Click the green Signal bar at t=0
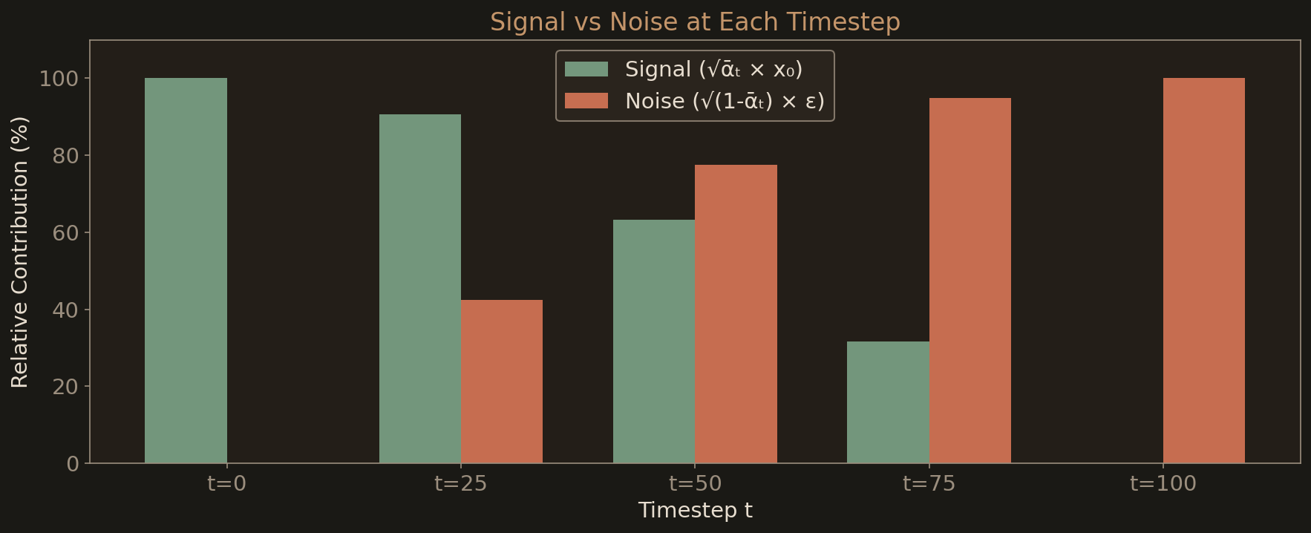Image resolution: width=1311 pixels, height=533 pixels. [x=186, y=270]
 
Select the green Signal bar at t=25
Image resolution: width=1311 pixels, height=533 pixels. [x=420, y=289]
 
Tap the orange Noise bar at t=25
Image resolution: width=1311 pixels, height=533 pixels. [x=502, y=382]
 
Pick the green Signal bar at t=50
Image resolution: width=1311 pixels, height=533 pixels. [x=654, y=341]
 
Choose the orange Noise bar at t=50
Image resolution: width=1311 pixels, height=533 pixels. [x=736, y=314]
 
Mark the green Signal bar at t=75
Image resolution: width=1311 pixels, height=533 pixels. [x=888, y=402]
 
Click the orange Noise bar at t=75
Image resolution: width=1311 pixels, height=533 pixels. [x=970, y=281]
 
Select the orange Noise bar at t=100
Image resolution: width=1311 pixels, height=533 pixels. [x=1204, y=270]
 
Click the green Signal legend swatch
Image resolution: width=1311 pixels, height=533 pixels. [x=586, y=69]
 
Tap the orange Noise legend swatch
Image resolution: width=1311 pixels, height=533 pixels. [x=586, y=101]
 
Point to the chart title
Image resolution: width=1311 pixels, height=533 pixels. [x=695, y=22]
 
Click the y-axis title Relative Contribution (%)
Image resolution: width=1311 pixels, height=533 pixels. [x=20, y=252]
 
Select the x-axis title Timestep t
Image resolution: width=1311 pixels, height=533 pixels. [x=695, y=511]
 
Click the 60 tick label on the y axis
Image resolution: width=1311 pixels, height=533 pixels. [x=65, y=232]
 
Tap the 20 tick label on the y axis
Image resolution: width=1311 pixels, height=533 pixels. [x=65, y=386]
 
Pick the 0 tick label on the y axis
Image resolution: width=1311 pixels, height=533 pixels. [x=72, y=463]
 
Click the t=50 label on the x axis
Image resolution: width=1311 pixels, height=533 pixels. [x=695, y=484]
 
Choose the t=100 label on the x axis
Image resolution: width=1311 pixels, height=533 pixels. [x=1163, y=484]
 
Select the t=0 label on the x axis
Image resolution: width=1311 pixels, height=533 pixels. [x=226, y=484]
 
